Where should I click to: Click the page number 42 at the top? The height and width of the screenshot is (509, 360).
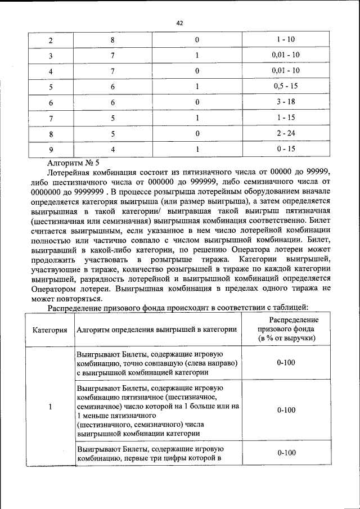(x=180, y=23)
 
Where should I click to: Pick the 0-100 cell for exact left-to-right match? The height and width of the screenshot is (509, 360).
(x=286, y=363)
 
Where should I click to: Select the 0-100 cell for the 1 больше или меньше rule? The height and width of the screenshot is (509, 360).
(x=286, y=410)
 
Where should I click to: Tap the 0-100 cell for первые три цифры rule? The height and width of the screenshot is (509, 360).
(x=286, y=453)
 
